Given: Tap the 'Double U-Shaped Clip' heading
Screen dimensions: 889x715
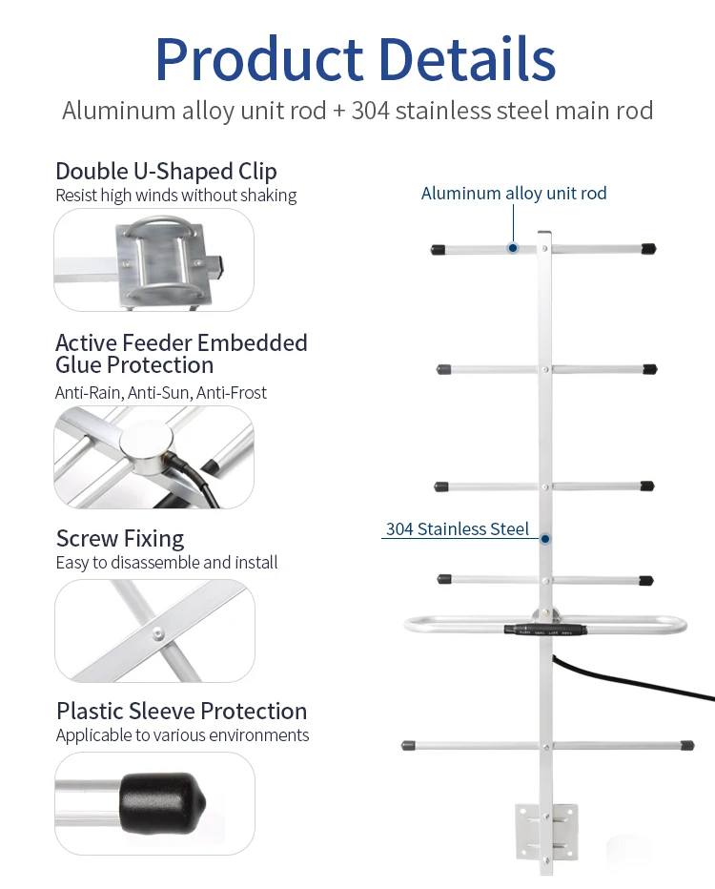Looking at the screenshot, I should pos(166,171).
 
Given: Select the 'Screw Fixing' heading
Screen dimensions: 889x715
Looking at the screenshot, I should pos(120,538).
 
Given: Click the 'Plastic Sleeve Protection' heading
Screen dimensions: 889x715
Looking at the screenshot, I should pos(181,711).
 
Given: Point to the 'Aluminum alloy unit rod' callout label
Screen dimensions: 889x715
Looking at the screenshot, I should pos(514,194).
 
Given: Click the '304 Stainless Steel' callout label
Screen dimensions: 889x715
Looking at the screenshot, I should pos(457,528).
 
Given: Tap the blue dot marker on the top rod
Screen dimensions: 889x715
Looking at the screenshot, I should pos(512,248).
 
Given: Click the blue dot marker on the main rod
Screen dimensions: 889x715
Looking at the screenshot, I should pos(545,539).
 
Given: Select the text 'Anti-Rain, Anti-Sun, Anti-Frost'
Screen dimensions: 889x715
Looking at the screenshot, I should pos(161,392).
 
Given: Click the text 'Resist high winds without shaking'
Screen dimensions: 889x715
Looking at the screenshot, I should pos(175,196).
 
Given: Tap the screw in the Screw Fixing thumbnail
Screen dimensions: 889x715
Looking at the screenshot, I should pos(153,631).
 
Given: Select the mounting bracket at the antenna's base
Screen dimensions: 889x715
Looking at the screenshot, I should pos(546,830).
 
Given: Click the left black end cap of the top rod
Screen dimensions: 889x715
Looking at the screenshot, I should pos(439,249).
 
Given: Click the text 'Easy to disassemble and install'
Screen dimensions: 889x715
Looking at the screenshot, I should pos(167,563).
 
